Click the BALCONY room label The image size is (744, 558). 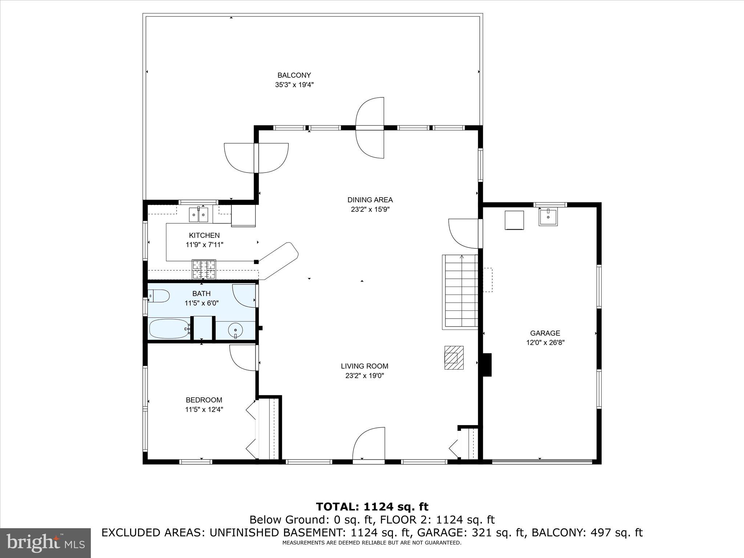(x=294, y=75)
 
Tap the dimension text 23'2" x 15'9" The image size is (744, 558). (x=370, y=209)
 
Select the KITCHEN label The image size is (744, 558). (x=204, y=235)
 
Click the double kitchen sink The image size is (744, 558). (x=199, y=214)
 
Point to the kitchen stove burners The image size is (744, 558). (x=204, y=269)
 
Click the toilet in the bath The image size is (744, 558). (x=159, y=296)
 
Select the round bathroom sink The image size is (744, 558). (x=235, y=330)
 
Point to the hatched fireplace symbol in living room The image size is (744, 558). (x=454, y=357)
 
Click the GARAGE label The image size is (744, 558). (x=545, y=333)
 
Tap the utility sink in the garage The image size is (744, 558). (x=548, y=217)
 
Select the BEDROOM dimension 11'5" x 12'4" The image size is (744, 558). (x=204, y=409)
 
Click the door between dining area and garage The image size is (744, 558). (x=463, y=233)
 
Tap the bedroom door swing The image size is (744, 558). (x=243, y=358)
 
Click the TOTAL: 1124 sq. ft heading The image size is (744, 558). (x=372, y=507)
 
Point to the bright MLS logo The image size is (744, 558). (x=45, y=542)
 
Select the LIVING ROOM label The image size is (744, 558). (x=364, y=366)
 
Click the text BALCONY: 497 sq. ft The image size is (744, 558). (x=587, y=533)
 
